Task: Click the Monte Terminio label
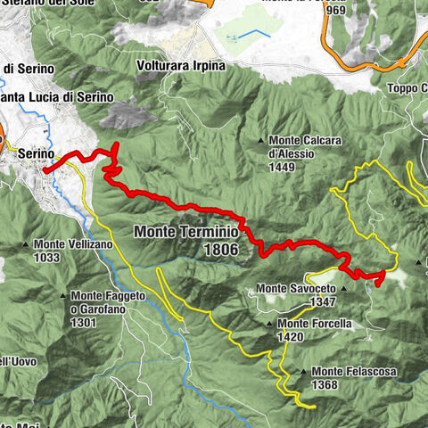(x=186, y=232)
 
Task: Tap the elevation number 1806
(x=220, y=250)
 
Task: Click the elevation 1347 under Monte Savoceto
(x=323, y=302)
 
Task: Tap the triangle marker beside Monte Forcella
(x=271, y=324)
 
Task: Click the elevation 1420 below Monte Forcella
(x=292, y=337)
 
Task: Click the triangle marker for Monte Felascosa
(x=305, y=371)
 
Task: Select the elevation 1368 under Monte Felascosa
(x=325, y=384)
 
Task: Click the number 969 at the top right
(x=336, y=10)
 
